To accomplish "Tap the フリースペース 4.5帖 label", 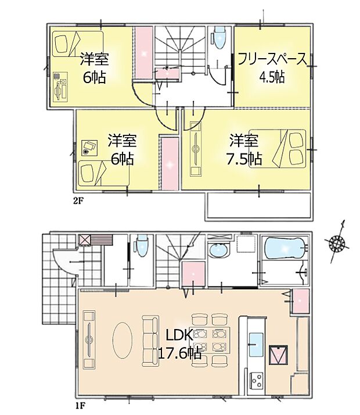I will [x=271, y=67].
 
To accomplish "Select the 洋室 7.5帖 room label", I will [x=244, y=149].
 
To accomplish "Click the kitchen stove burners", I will [x=256, y=381].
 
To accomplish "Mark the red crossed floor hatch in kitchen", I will [x=278, y=354].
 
